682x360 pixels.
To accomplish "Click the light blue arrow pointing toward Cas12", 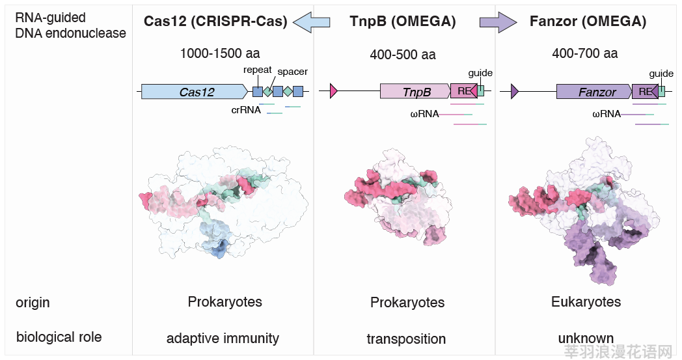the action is (312, 21).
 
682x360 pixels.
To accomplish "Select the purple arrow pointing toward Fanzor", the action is (498, 21).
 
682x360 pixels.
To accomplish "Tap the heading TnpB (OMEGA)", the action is (403, 21).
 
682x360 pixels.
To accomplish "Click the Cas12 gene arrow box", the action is (195, 91).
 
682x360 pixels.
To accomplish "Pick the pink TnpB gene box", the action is (415, 91).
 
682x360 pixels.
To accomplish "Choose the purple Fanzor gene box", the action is (594, 91).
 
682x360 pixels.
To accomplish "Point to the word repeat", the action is (258, 70).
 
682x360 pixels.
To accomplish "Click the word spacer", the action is (292, 72).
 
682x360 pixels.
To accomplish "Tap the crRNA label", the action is (246, 110).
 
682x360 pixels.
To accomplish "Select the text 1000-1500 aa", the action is (220, 53).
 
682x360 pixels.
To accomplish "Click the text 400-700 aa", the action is (584, 53).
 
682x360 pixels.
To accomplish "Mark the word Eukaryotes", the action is (586, 301).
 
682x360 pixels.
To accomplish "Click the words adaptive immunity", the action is (223, 339).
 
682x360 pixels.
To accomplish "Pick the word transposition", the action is (406, 339).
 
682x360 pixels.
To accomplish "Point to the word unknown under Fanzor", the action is (586, 338).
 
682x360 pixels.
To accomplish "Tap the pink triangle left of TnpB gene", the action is (334, 91).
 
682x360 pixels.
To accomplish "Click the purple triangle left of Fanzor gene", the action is (515, 91).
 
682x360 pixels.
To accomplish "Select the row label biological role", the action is (59, 337).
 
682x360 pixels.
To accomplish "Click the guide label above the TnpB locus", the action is (480, 73).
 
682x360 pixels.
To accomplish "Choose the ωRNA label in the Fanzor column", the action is (607, 114).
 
